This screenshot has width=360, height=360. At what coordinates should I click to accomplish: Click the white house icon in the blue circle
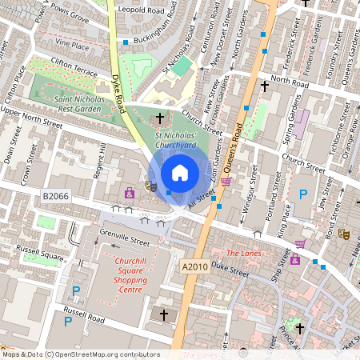click(180, 173)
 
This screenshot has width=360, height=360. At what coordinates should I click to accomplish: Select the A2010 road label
click(194, 267)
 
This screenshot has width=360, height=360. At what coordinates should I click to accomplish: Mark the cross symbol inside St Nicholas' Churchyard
click(160, 118)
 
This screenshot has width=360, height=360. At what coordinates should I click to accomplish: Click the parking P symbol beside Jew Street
click(302, 194)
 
